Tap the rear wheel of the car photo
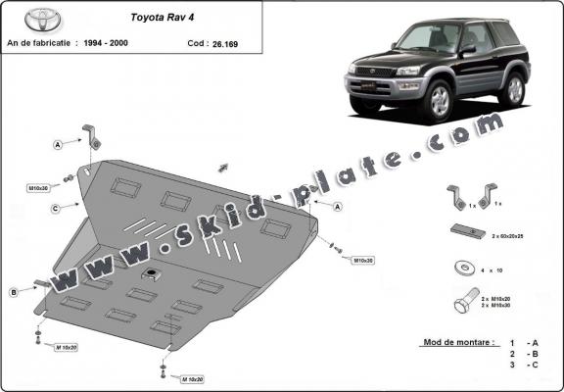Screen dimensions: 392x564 click(510, 90)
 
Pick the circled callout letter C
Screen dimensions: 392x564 click(58, 208)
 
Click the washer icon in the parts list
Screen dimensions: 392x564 click(460, 266)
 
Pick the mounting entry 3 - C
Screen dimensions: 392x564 click(522, 365)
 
